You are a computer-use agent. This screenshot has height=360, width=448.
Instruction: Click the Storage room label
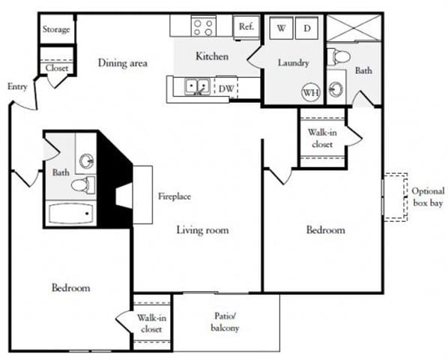[x=57, y=30]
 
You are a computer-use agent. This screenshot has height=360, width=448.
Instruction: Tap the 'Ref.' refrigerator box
[x=246, y=27]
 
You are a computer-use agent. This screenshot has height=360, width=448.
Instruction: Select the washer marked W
[x=282, y=28]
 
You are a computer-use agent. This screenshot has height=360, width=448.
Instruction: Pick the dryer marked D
[x=307, y=28]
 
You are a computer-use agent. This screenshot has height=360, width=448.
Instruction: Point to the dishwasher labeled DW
[x=225, y=88]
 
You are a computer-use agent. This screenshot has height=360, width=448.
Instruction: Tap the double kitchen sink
[x=197, y=88]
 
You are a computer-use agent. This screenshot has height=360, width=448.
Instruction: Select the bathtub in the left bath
[x=70, y=214]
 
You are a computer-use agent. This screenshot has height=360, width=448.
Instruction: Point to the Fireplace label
[x=174, y=196]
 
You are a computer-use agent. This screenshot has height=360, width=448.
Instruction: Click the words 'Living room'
[x=202, y=230]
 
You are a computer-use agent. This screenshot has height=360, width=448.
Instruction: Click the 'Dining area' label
[x=122, y=63]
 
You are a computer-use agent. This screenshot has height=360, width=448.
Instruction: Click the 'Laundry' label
[x=293, y=63]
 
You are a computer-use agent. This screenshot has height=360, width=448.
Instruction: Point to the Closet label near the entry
[x=57, y=67]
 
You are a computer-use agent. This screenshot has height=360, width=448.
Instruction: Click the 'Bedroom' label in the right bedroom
[x=326, y=230]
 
